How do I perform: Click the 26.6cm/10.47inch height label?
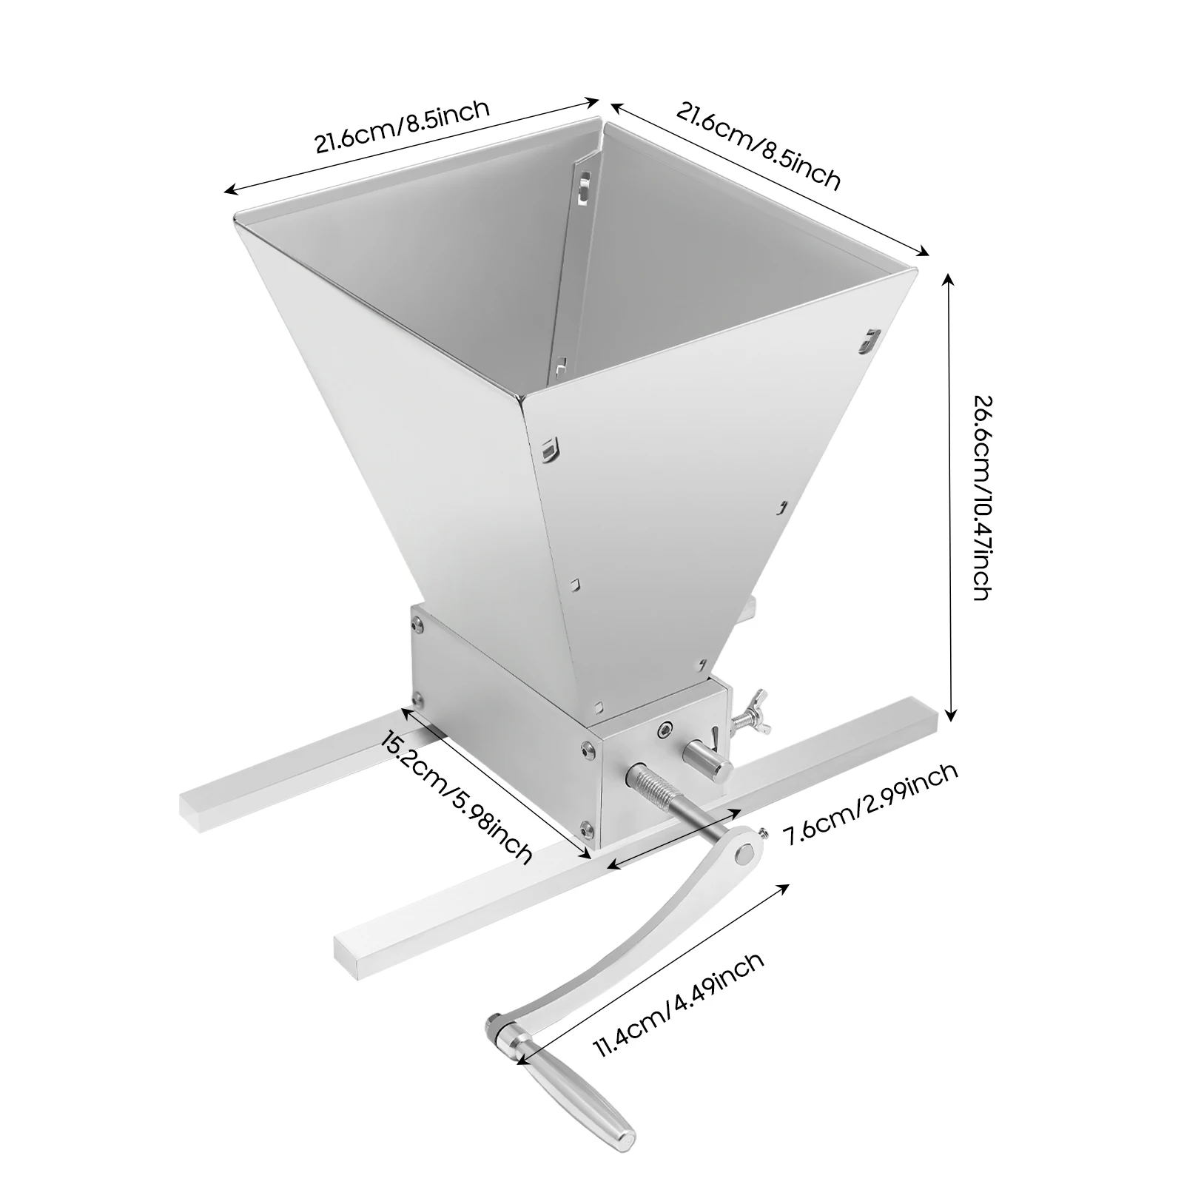click(x=981, y=497)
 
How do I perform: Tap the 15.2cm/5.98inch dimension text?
click(x=456, y=796)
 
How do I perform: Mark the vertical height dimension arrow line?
click(x=951, y=496)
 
